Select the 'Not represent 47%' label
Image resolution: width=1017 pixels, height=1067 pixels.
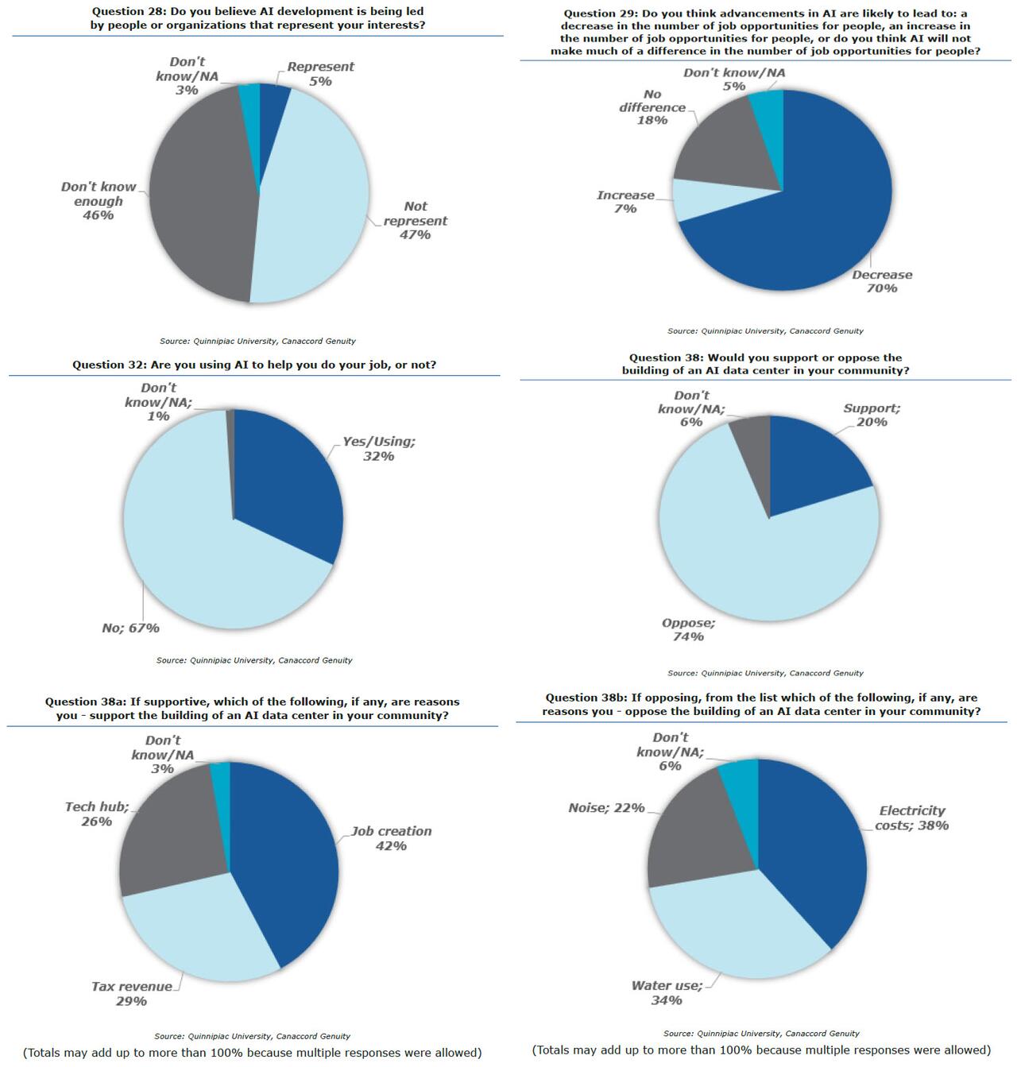click(x=415, y=220)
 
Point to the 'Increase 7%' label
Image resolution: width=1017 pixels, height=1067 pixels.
click(x=625, y=202)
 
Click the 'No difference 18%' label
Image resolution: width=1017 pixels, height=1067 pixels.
click(x=652, y=107)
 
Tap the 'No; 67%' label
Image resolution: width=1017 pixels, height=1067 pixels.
click(x=130, y=628)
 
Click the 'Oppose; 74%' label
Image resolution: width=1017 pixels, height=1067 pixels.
click(x=688, y=630)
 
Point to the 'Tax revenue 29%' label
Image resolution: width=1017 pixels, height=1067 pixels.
click(x=132, y=994)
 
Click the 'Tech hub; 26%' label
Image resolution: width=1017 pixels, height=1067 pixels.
click(x=96, y=814)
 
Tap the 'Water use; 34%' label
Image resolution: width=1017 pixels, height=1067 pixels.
click(x=667, y=993)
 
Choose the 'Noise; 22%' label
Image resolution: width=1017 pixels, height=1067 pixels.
click(x=606, y=808)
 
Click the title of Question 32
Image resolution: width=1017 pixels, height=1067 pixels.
click(x=254, y=365)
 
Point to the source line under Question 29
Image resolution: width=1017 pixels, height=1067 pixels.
click(x=765, y=331)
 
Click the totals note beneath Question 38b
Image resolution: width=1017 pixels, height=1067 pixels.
click(x=761, y=1050)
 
